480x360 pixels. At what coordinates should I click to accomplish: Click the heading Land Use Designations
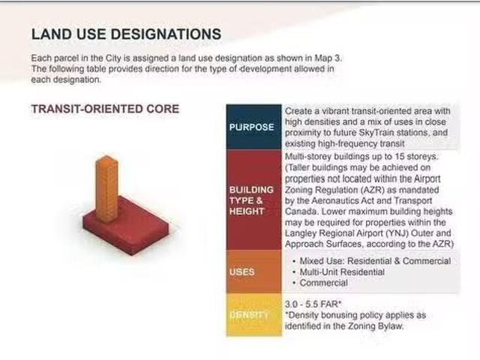point(126,34)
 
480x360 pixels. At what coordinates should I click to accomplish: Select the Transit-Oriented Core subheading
point(105,109)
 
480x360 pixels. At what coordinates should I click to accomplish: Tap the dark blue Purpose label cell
point(253,127)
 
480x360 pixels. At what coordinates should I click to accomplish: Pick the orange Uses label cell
point(253,271)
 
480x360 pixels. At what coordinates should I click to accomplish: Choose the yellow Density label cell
point(253,315)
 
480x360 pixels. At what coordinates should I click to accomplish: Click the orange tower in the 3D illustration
point(106,187)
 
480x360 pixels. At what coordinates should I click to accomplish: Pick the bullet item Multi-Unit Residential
point(342,271)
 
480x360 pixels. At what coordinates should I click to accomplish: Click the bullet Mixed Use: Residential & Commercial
point(375,261)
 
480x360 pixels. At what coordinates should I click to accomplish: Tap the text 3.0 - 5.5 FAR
point(313,304)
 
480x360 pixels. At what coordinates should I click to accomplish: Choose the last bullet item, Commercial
point(323,283)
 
